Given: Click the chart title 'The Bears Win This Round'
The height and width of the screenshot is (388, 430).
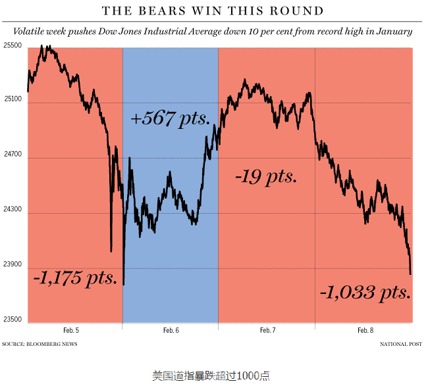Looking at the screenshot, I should click(213, 11).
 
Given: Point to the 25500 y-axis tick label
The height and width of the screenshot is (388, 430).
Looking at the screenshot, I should click(13, 45).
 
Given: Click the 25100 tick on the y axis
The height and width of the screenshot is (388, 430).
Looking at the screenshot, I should click(13, 100).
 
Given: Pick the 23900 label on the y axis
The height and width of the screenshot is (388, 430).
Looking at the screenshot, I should click(13, 264).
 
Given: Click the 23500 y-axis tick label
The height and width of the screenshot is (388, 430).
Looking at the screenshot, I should click(13, 320).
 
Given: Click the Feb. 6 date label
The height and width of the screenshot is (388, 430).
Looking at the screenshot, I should click(171, 330).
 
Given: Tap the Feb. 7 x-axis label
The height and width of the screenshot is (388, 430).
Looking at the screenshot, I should click(267, 330).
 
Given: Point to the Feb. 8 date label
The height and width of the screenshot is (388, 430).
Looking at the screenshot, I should click(365, 330).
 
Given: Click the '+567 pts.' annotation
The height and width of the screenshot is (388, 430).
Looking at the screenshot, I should click(171, 119).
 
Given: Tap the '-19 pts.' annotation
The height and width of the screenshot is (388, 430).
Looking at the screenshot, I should click(265, 177).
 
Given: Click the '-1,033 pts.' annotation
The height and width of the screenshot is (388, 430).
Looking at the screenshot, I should click(366, 291).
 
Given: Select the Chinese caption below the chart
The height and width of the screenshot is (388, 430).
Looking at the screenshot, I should click(211, 376).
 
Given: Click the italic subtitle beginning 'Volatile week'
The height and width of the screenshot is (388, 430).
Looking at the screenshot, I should click(213, 31).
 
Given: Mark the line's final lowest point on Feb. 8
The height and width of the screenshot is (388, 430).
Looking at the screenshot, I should click(411, 274).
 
